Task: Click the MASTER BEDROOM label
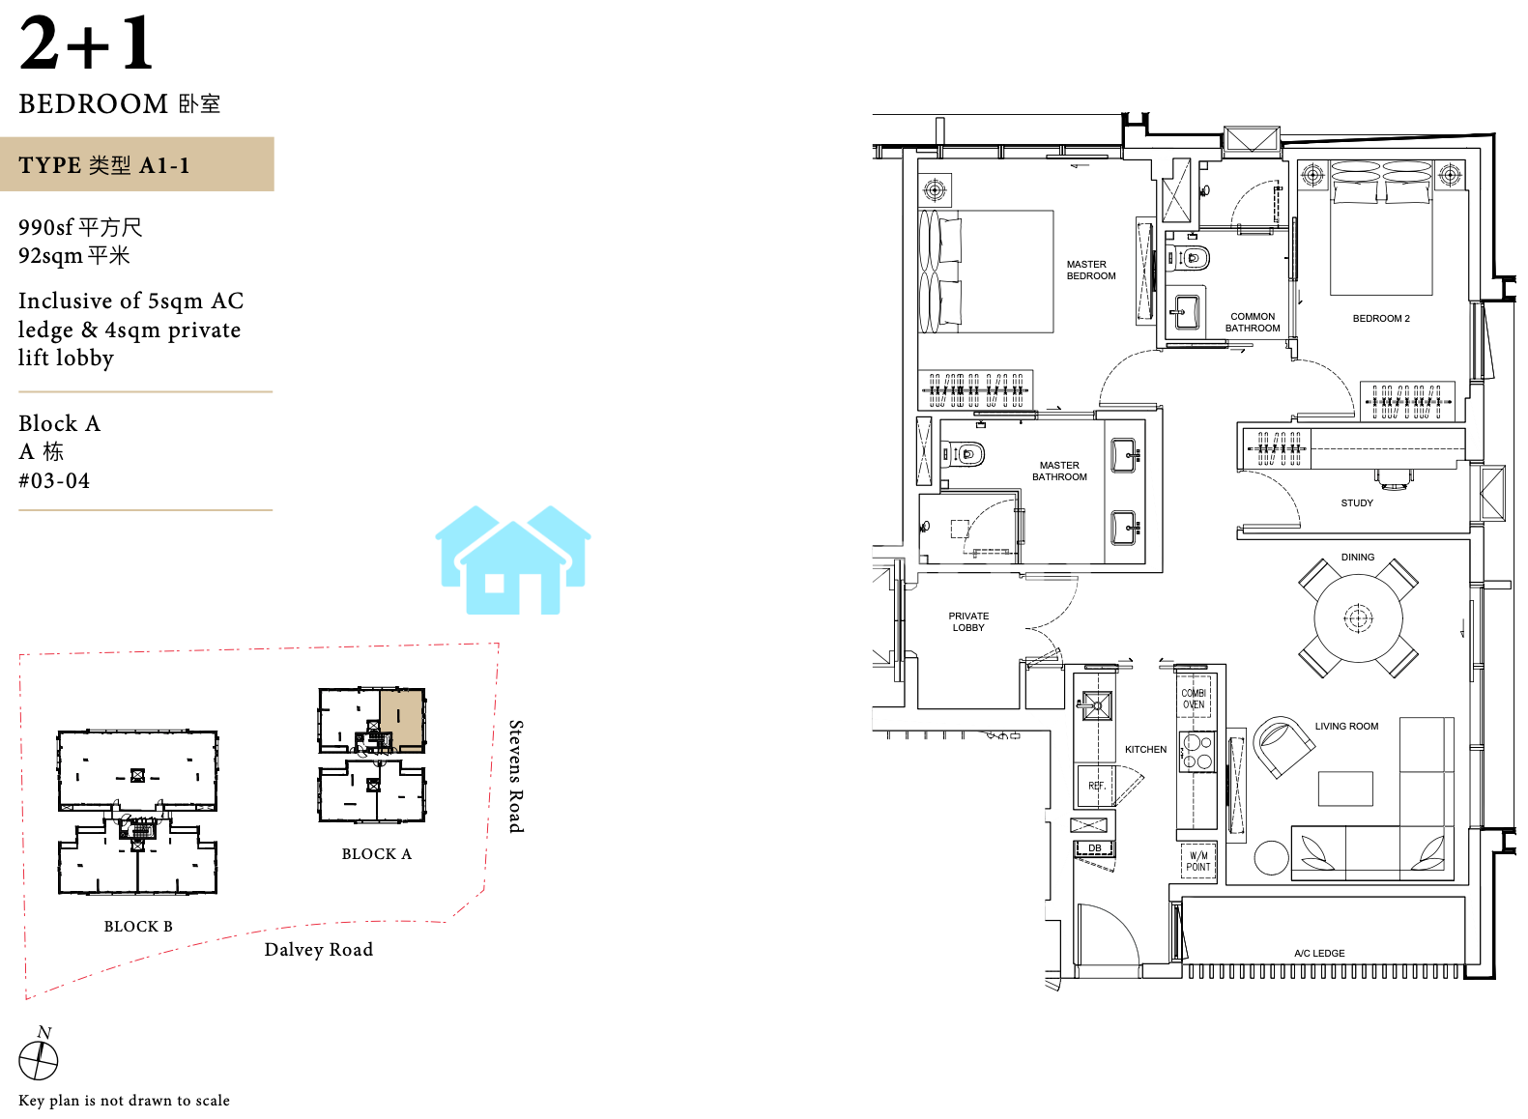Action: [x=1091, y=270]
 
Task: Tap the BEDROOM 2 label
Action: [x=1381, y=319]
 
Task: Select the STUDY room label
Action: [x=1357, y=503]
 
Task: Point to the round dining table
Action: [x=1358, y=618]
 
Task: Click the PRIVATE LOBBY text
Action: [x=968, y=622]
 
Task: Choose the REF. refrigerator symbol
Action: [x=1096, y=787]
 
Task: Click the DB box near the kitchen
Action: [x=1094, y=848]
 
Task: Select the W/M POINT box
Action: [x=1198, y=861]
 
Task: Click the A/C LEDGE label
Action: [x=1319, y=954]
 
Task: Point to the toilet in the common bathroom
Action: [x=1189, y=258]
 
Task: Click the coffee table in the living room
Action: [x=1345, y=789]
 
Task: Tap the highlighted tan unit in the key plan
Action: [x=402, y=719]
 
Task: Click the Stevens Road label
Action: [x=516, y=777]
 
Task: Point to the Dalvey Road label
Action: [x=319, y=950]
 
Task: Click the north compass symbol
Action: [x=39, y=1057]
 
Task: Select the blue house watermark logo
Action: [x=513, y=559]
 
